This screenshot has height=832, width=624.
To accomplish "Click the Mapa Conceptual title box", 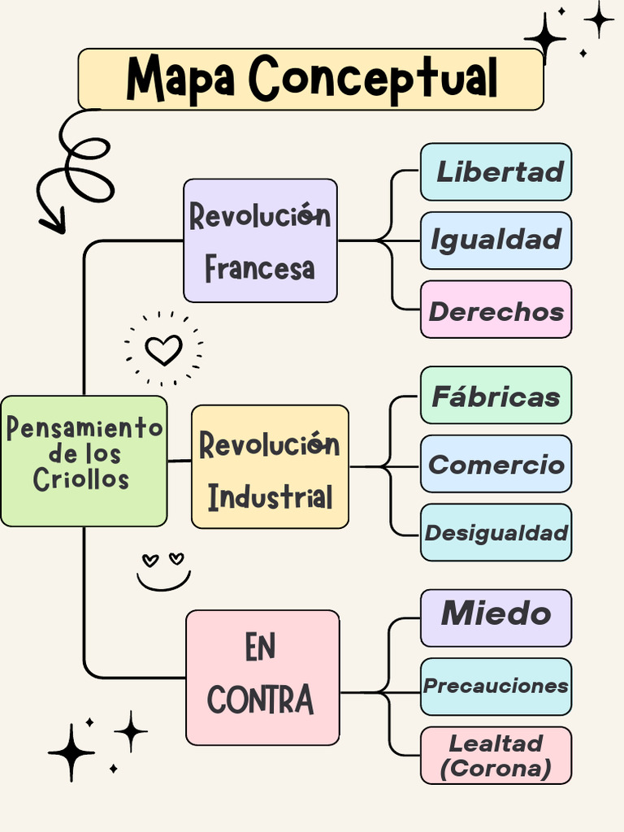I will point(310,79).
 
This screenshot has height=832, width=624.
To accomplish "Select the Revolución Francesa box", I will point(260,240).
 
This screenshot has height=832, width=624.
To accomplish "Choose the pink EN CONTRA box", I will point(262,677).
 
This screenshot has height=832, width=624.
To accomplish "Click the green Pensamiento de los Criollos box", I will point(84,460).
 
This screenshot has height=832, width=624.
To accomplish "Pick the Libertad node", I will point(496,171).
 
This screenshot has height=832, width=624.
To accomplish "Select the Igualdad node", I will point(496,240).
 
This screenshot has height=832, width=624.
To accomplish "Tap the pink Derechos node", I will point(496,310).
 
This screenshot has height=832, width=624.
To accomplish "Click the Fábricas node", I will point(496,396).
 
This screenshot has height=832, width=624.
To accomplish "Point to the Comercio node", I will point(496,464).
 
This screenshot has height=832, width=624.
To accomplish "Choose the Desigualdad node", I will point(496,533).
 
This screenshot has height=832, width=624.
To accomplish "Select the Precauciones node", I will point(496,686).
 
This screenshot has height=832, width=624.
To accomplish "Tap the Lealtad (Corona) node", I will point(496,755).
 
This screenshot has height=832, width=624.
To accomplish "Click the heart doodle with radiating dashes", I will point(163,349).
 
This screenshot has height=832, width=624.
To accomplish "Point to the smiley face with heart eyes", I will point(163,570).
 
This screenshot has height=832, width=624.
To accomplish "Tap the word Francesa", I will point(259,267).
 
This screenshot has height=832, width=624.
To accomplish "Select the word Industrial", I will point(270,496).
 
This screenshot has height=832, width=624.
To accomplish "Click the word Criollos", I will point(81,479).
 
